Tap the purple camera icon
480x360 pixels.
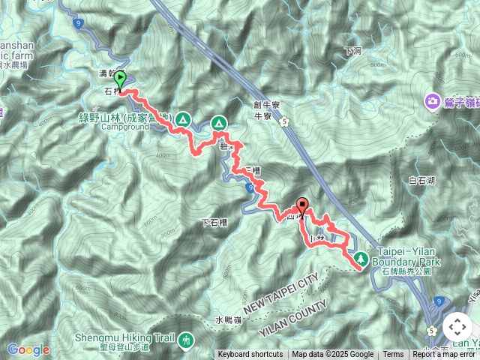point(432,100)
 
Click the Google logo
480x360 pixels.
point(28,349)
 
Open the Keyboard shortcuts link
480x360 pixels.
point(250,355)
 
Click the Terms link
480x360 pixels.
point(393,355)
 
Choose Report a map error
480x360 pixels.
point(445,355)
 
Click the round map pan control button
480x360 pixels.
point(457,327)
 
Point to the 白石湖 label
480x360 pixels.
point(423,181)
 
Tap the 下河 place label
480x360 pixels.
point(353,51)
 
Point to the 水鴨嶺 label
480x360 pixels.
point(229,320)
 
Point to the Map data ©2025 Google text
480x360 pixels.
point(333,355)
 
